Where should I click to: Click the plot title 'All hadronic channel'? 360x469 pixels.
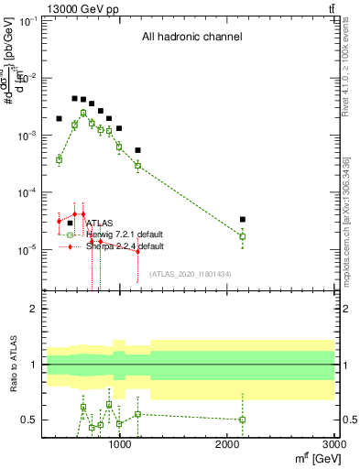coord(191,38)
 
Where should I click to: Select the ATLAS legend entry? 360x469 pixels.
coord(99,223)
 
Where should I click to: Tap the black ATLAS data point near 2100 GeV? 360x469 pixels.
coord(243,220)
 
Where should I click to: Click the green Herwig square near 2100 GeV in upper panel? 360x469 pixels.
coord(243,236)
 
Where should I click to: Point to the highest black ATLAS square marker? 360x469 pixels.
coord(74,98)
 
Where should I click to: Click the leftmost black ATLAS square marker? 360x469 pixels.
coord(59,118)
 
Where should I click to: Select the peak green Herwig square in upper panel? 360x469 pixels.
coord(83,113)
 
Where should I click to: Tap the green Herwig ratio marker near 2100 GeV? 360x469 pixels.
coord(243,420)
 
